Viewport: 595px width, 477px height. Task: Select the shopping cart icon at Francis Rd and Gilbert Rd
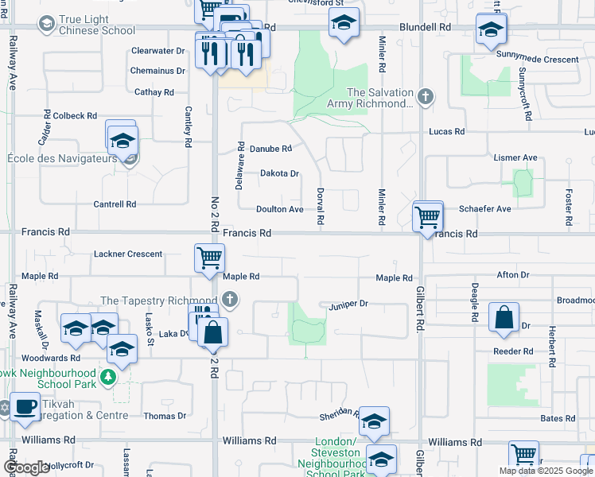click(x=428, y=215)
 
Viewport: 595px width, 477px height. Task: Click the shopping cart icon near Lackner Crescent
click(x=209, y=258)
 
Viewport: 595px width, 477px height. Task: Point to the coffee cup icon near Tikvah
click(x=25, y=406)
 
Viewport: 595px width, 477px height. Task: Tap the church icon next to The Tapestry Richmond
click(x=230, y=301)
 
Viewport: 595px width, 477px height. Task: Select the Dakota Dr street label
click(x=279, y=173)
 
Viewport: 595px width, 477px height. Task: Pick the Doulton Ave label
click(x=280, y=209)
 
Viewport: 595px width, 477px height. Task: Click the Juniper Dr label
click(x=348, y=304)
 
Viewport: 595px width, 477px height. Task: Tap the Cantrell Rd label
click(x=115, y=204)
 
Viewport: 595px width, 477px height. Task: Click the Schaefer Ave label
click(x=485, y=209)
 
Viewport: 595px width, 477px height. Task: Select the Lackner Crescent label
click(x=128, y=254)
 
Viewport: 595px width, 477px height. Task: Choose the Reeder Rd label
click(x=513, y=351)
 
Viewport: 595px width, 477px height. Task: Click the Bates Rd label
click(x=558, y=418)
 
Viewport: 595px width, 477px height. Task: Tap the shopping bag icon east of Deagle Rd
click(x=504, y=318)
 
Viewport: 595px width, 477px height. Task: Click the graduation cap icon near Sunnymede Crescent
click(x=491, y=31)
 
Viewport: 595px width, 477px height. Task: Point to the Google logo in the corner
click(x=26, y=467)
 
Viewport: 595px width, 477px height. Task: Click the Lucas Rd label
click(x=446, y=131)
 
